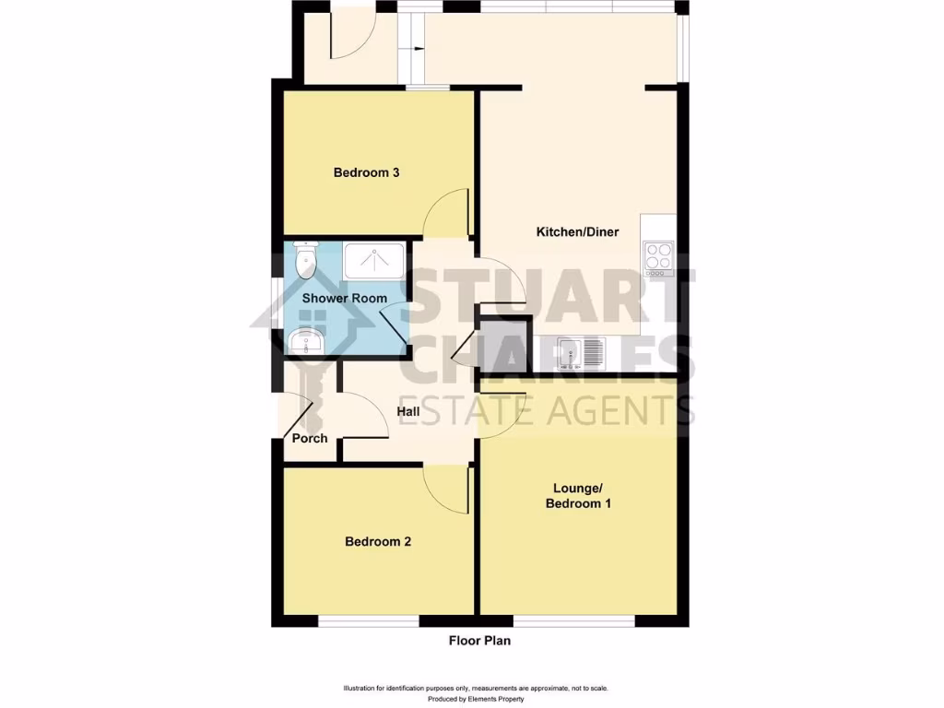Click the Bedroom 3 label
click(365, 172)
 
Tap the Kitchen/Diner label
click(577, 231)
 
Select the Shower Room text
click(344, 298)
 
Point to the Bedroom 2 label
click(377, 541)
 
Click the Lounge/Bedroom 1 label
click(578, 496)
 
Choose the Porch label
click(310, 438)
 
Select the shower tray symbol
click(374, 261)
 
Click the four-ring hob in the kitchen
click(658, 256)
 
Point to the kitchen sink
click(581, 353)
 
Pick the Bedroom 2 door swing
click(446, 488)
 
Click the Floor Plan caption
click(479, 641)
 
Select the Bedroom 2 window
click(369, 621)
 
